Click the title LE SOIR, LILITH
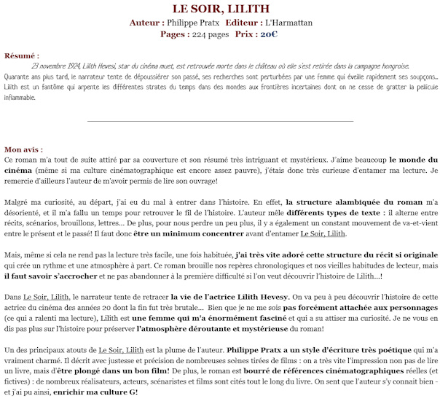[x=220, y=9]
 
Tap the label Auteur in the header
[x=146, y=23]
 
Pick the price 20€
[x=269, y=34]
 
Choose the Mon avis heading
[x=23, y=149]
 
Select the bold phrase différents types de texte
[x=342, y=212]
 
